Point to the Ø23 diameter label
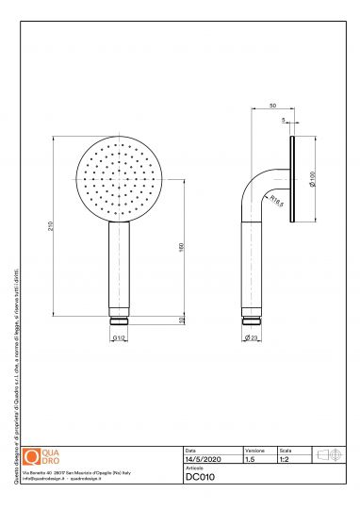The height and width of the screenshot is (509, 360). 251,337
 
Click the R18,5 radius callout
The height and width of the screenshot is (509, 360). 277,200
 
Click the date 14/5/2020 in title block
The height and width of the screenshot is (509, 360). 203,460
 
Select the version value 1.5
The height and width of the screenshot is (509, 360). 250,460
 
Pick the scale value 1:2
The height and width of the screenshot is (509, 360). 285,460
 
